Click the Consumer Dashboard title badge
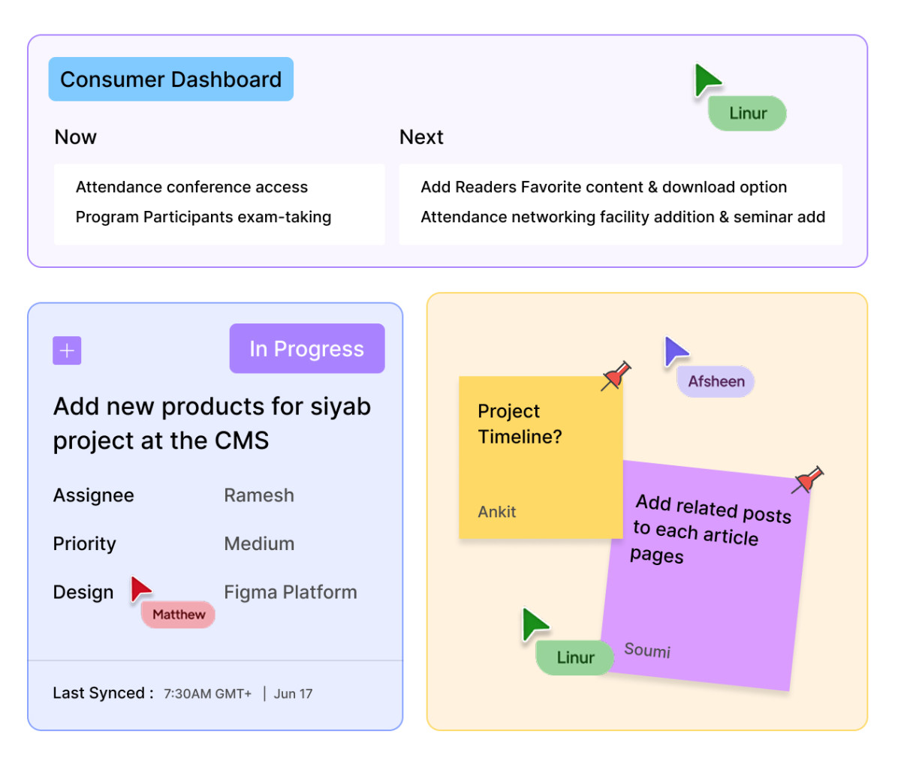171,80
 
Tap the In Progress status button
307,348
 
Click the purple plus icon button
67,350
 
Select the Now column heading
76,137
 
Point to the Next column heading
421,137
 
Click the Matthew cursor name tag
178,615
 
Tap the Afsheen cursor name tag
716,381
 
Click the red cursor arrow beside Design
140,589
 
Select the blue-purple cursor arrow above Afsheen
675,351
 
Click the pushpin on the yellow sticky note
616,376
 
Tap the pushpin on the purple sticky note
807,480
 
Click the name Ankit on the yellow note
496,512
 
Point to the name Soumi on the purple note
647,650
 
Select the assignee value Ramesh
259,495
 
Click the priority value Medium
259,543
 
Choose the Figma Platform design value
291,592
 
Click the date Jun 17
293,693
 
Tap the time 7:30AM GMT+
207,693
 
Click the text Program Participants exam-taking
203,217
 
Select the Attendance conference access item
191,187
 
